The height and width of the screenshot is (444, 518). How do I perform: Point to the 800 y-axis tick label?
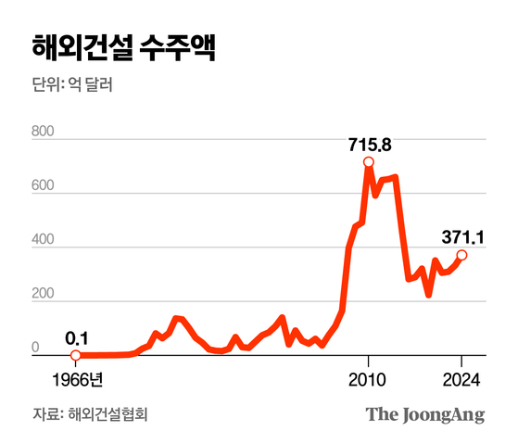[44, 132]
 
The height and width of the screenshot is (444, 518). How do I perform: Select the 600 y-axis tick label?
[44, 187]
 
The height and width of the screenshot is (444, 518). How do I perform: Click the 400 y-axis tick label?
[44, 242]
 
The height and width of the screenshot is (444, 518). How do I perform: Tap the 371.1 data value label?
[461, 237]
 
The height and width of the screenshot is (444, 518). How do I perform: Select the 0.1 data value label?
[76, 337]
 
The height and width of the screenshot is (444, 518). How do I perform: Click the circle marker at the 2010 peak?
[369, 163]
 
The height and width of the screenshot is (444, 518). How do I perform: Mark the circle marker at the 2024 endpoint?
[461, 255]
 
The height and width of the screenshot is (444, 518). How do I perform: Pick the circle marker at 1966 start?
[76, 355]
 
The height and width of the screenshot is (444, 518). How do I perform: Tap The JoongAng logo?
[424, 414]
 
